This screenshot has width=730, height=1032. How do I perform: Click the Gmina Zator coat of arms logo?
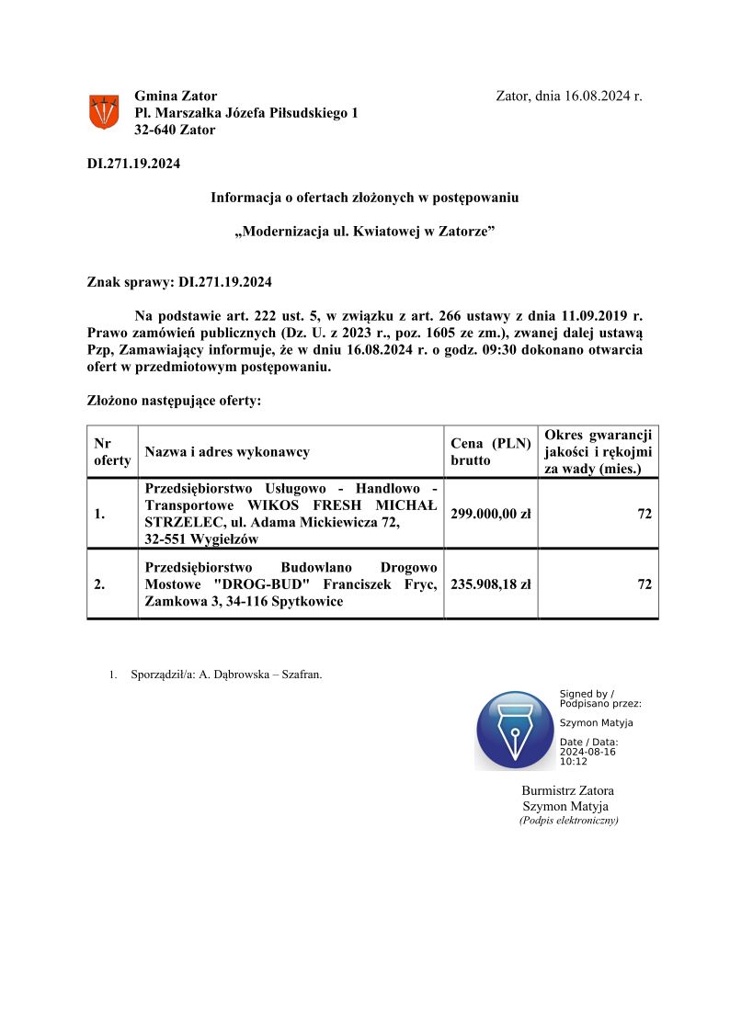coord(103,112)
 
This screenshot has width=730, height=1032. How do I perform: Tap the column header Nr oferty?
coord(111,450)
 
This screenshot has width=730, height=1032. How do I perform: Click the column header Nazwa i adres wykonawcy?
coord(227,451)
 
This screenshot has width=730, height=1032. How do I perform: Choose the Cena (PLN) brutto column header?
coord(490,450)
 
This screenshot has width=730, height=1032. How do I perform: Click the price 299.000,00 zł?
coord(490,514)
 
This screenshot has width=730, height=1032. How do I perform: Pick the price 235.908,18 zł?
coord(490,584)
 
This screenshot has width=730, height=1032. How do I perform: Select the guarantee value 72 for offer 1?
coord(644,514)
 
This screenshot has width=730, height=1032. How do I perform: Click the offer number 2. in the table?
coord(99,584)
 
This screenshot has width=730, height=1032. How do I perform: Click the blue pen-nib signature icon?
coord(515,731)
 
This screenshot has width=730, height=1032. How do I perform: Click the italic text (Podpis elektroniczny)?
coord(568,820)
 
